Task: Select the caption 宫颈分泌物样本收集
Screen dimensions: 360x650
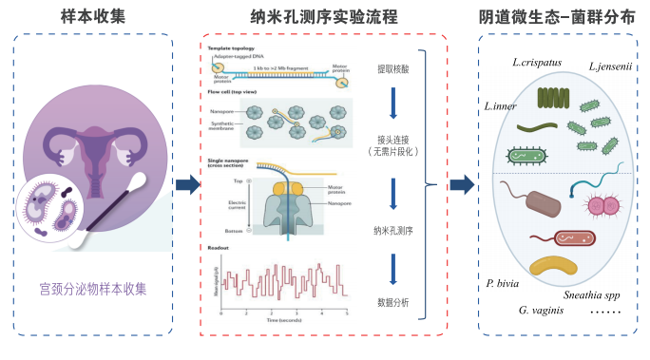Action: pyautogui.click(x=93, y=286)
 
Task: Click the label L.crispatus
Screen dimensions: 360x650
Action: pyautogui.click(x=536, y=64)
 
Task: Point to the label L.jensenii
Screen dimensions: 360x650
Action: pyautogui.click(x=611, y=66)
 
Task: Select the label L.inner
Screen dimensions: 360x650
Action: pyautogui.click(x=501, y=105)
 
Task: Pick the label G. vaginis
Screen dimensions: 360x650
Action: pyautogui.click(x=543, y=310)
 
